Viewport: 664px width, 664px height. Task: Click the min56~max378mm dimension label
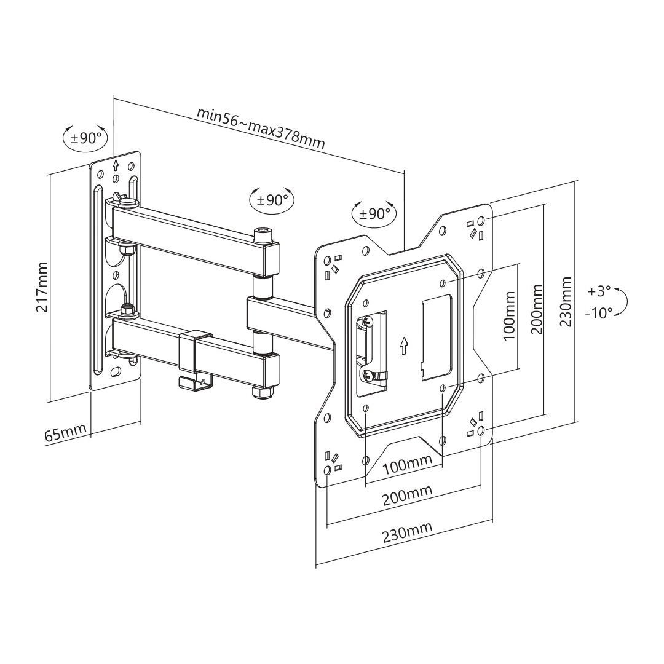(260, 127)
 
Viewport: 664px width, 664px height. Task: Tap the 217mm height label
(42, 287)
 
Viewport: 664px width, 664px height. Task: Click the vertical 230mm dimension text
(566, 301)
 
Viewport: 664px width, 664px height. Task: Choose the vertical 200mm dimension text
(536, 309)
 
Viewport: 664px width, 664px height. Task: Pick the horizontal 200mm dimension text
(407, 495)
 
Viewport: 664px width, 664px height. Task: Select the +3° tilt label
(599, 290)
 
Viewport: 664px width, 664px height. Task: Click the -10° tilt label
(598, 313)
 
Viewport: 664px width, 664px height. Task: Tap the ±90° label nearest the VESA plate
(374, 213)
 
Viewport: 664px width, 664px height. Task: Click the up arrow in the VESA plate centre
(403, 345)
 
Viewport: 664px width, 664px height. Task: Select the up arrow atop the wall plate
(116, 165)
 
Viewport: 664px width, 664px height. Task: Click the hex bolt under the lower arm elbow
(263, 391)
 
